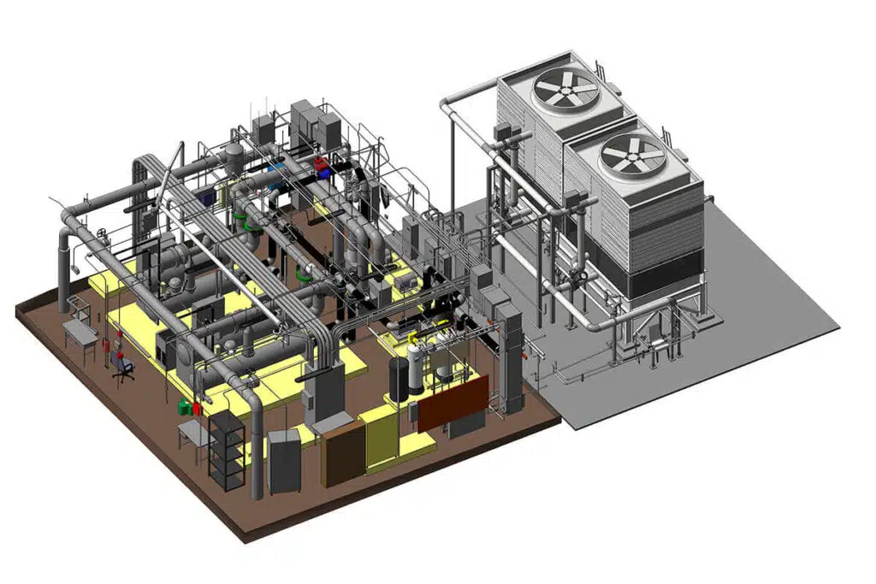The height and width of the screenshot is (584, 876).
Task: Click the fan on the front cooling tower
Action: [x=632, y=156]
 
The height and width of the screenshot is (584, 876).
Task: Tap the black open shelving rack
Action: [x=226, y=450]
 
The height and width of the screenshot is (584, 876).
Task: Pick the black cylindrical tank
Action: [x=399, y=379]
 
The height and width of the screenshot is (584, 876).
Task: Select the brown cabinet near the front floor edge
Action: [x=344, y=452]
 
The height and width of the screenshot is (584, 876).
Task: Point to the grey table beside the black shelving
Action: [x=193, y=436]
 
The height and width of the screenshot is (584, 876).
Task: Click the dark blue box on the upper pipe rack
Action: [x=206, y=196]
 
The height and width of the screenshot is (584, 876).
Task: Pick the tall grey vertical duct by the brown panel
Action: [x=510, y=359]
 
